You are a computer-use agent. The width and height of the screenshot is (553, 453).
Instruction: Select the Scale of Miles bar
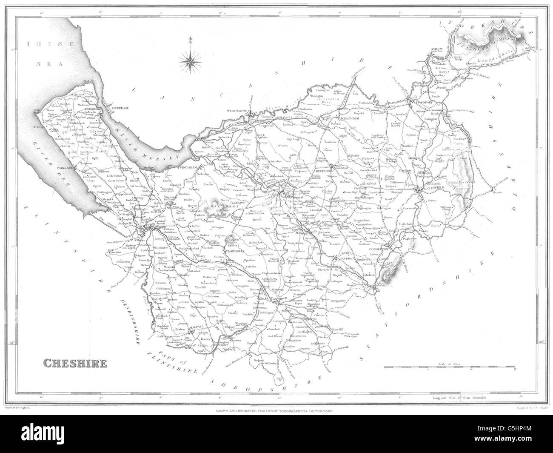click(x=450, y=367)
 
